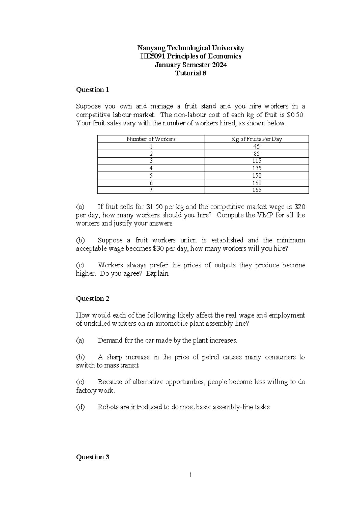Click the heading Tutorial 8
pos(191,73)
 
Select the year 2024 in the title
pos(220,65)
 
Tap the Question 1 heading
pos(93,90)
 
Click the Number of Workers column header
pos(151,139)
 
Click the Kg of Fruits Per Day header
pos(256,139)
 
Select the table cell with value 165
pos(257,190)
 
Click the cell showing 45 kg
pos(257,146)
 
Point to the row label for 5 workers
pos(151,176)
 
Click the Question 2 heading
pos(93,299)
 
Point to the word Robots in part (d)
pos(108,407)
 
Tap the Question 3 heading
pos(93,457)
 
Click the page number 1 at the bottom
pos(190,475)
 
